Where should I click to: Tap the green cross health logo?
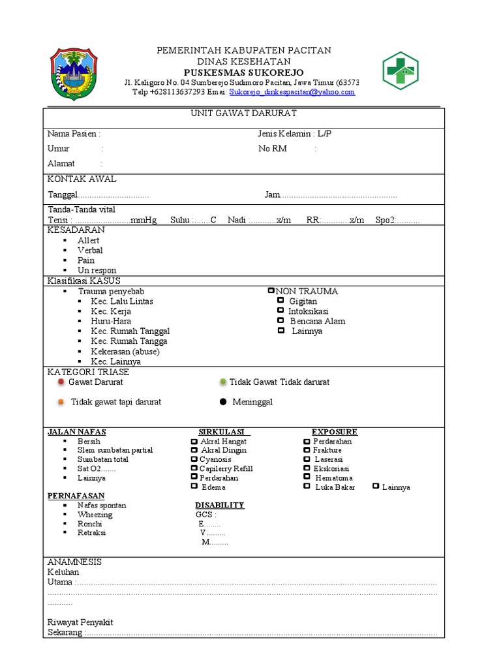pyautogui.click(x=401, y=70)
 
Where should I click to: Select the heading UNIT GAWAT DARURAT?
pyautogui.click(x=243, y=114)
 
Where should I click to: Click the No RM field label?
pyautogui.click(x=273, y=149)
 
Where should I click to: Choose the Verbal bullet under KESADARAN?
pyautogui.click(x=90, y=250)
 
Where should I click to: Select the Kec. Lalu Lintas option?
pyautogui.click(x=122, y=301)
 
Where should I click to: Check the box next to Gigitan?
pyautogui.click(x=281, y=301)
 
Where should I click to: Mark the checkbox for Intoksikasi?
pyautogui.click(x=281, y=311)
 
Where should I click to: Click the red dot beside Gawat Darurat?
pyautogui.click(x=61, y=382)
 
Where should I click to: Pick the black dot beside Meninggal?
pyautogui.click(x=222, y=402)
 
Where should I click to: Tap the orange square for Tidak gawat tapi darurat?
pyautogui.click(x=61, y=402)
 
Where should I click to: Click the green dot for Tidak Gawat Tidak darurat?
pyautogui.click(x=222, y=382)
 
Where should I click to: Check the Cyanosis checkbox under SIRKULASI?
pyautogui.click(x=194, y=459)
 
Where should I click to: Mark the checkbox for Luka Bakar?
pyautogui.click(x=307, y=486)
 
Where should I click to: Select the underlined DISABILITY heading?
pyautogui.click(x=220, y=505)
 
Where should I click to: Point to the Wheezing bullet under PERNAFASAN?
pyautogui.click(x=95, y=515)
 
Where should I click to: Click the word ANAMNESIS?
pyautogui.click(x=74, y=562)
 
